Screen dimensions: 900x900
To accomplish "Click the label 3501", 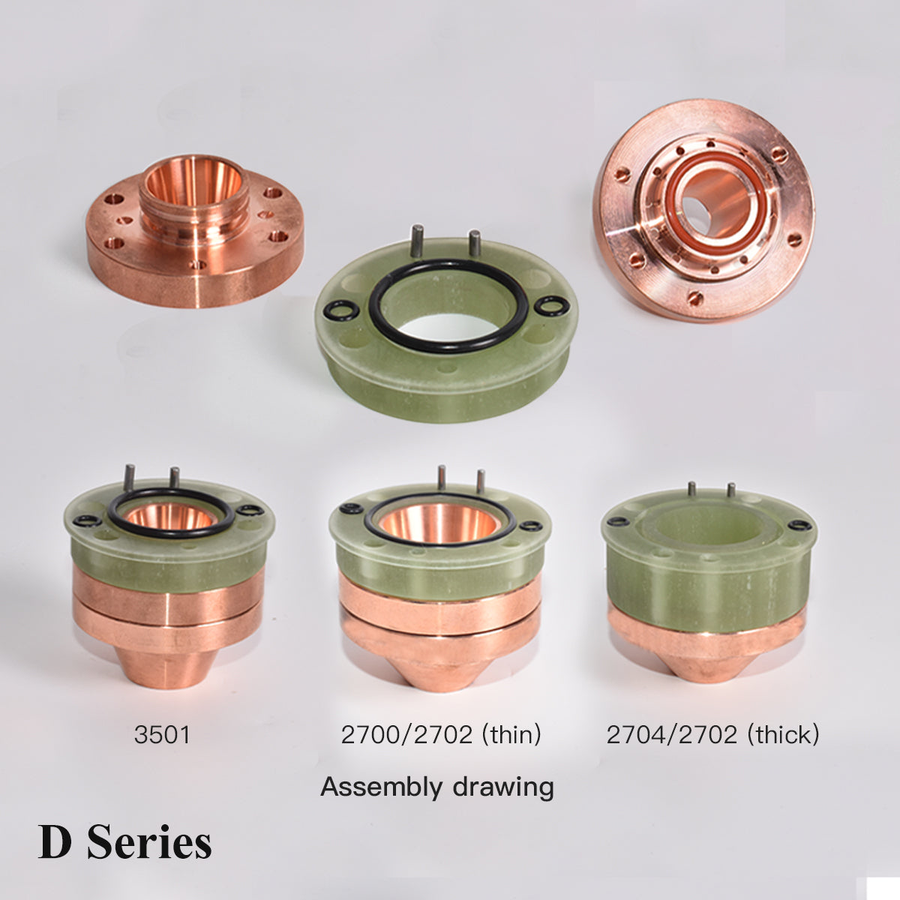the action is (162, 734).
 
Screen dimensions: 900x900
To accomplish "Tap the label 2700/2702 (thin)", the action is (441, 735).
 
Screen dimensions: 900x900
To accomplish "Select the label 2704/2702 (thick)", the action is (712, 735).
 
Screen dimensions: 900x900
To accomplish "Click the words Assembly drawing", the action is (437, 788).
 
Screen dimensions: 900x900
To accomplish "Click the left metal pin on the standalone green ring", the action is (416, 241).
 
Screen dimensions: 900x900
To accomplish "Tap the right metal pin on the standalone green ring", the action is (475, 243).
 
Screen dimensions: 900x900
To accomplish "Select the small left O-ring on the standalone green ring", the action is (341, 311).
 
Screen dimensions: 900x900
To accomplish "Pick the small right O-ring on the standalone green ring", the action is (552, 307).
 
